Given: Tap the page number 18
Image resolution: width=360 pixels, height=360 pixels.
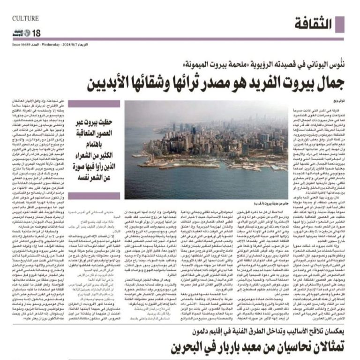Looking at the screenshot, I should click(37, 33).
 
